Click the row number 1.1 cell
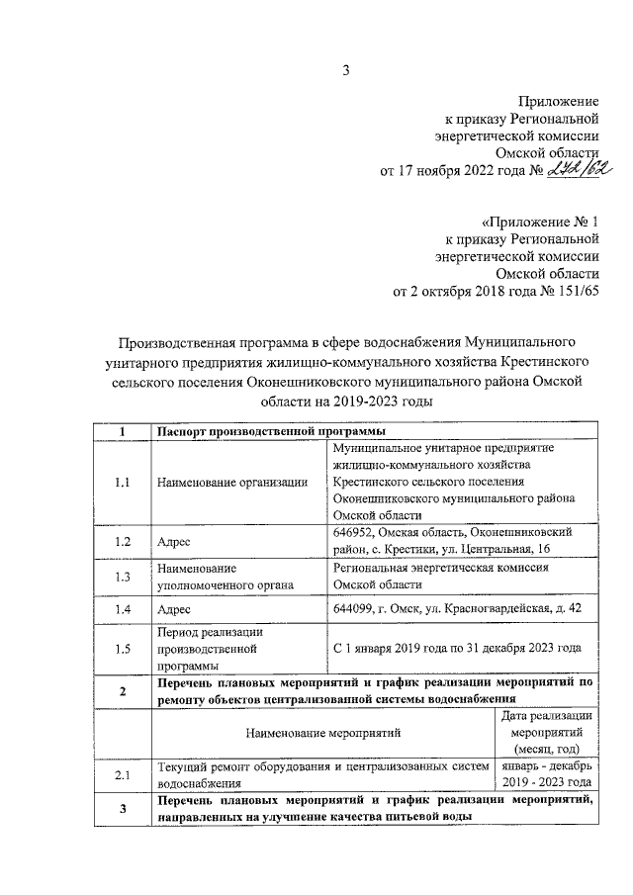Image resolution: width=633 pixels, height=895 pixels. (123, 483)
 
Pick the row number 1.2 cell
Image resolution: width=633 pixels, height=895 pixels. (123, 542)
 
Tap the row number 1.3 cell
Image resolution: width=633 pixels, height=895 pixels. (123, 577)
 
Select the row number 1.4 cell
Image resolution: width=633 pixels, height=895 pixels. (123, 610)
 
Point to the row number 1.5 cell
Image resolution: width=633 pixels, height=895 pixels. (123, 649)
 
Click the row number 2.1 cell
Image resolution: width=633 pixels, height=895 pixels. (123, 774)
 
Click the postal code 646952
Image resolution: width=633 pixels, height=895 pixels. (357, 532)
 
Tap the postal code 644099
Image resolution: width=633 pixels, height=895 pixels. (357, 610)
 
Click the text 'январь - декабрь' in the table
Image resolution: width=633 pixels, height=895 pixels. (547, 765)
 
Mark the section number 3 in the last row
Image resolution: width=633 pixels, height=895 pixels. (123, 810)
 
